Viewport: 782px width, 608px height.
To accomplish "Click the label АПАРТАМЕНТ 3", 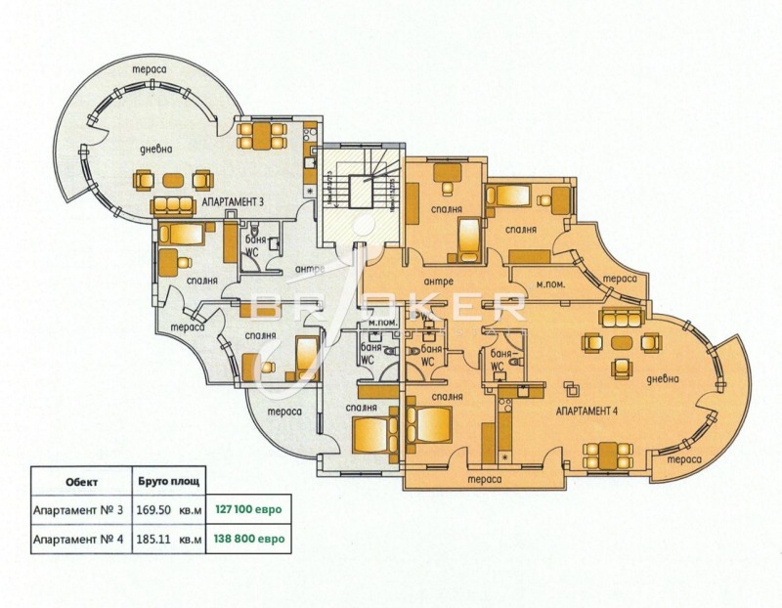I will (235, 203).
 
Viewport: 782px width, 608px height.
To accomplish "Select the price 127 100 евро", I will (246, 509).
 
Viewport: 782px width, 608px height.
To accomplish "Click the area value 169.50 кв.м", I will (167, 509).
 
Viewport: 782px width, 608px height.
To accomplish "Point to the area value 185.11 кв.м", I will (167, 538).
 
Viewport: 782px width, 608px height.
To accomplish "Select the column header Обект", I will (81, 482).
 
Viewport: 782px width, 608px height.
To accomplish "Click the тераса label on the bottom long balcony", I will (484, 478).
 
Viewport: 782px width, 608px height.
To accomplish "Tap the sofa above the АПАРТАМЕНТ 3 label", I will (172, 203).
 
